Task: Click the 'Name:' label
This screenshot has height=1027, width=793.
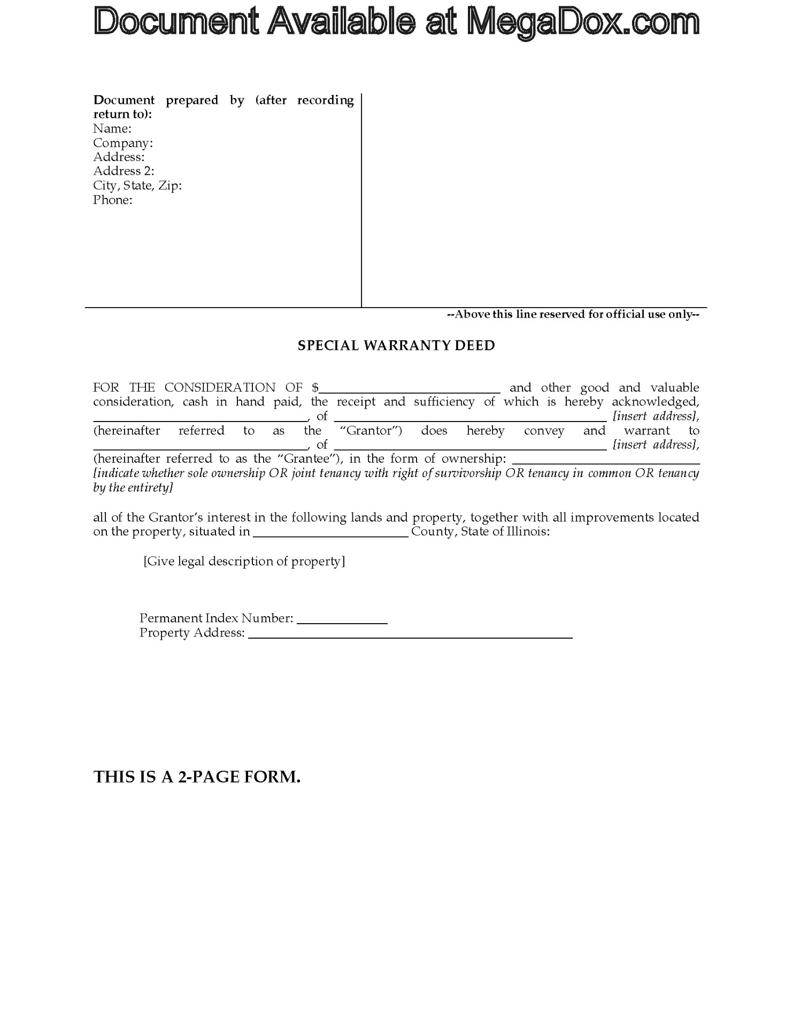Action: click(x=112, y=128)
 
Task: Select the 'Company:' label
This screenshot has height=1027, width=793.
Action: click(x=123, y=143)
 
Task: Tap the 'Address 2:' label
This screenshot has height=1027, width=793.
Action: click(x=124, y=171)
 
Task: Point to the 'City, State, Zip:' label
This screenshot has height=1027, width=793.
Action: click(x=137, y=186)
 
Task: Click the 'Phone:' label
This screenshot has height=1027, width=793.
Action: click(x=113, y=200)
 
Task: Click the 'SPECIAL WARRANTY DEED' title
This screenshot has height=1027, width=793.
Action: click(x=396, y=346)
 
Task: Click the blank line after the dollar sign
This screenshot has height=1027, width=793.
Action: click(x=410, y=389)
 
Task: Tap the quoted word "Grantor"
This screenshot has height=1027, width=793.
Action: click(x=371, y=431)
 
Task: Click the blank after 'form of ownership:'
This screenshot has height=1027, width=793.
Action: click(x=606, y=460)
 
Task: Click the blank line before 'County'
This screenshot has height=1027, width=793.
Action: click(x=330, y=533)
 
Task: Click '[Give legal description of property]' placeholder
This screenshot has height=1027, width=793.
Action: click(x=244, y=561)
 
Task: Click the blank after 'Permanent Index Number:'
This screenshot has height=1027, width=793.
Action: click(x=342, y=620)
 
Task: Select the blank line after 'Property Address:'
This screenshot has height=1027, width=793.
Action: click(x=410, y=635)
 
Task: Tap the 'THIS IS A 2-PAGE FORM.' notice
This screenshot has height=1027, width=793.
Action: click(x=197, y=777)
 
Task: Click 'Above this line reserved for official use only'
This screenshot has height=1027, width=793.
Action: click(x=573, y=315)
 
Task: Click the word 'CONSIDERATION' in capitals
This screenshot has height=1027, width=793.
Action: click(x=220, y=387)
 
